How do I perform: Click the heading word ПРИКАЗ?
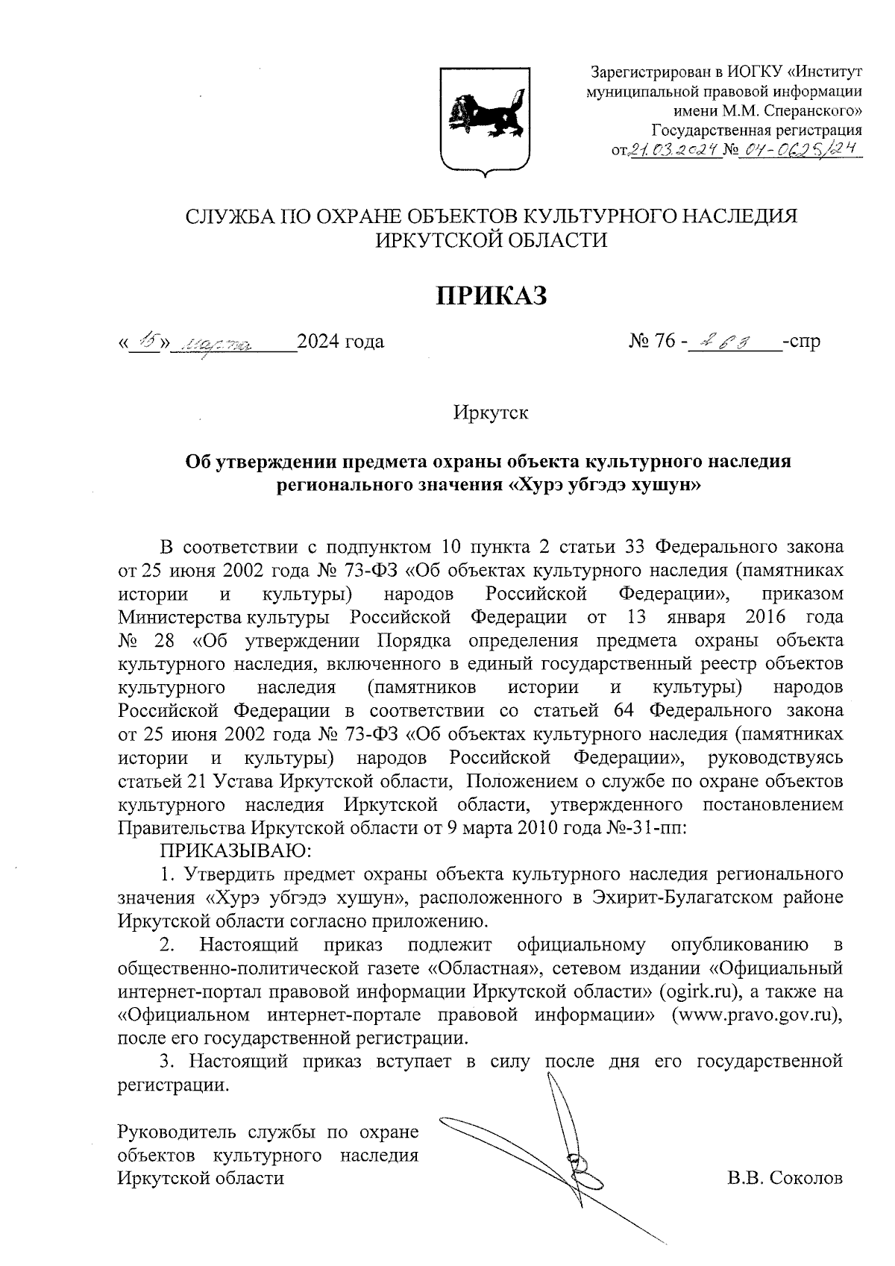click(491, 295)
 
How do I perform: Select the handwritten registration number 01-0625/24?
click(798, 151)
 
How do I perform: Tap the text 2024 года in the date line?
click(341, 342)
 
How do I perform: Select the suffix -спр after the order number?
click(802, 342)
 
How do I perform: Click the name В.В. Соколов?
click(785, 1179)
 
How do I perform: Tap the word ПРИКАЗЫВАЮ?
click(235, 850)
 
